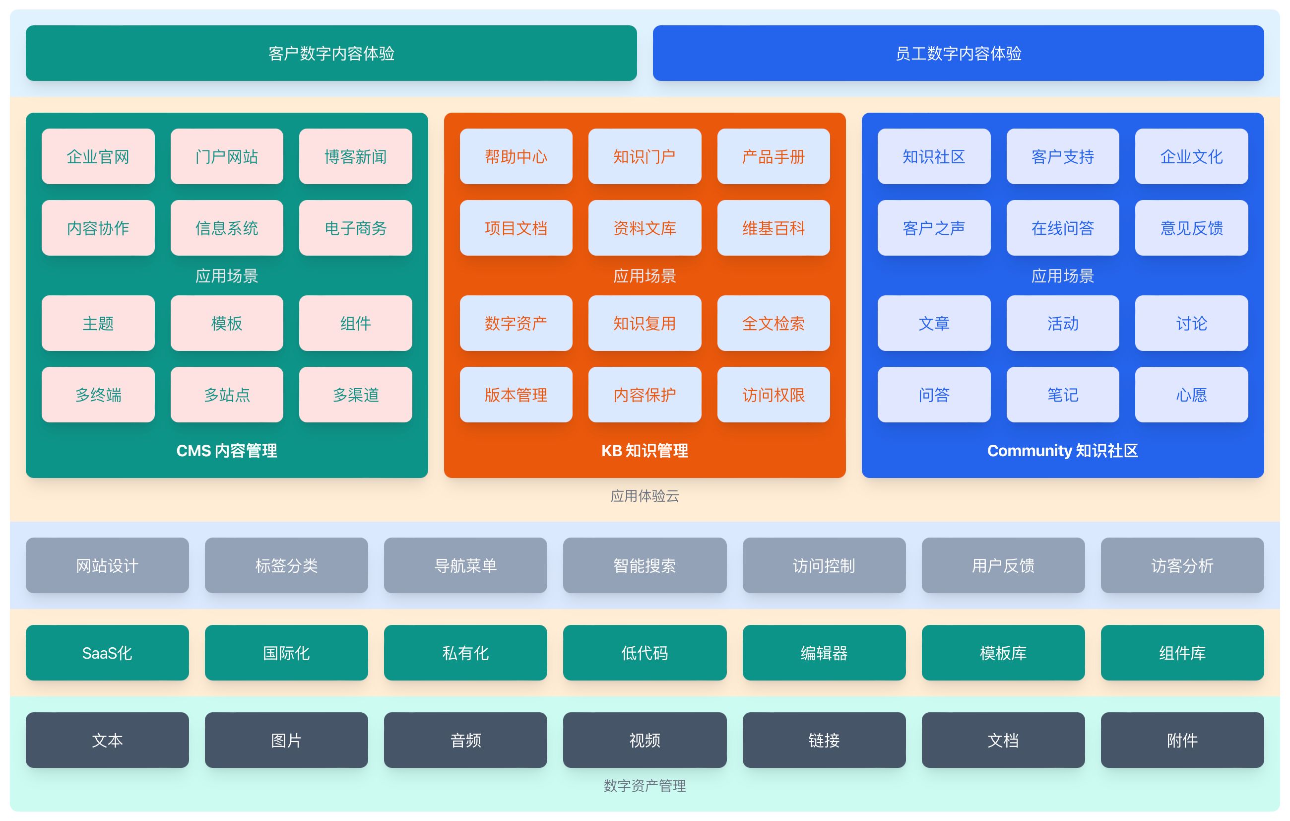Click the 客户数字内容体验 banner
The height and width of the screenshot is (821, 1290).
[x=331, y=53]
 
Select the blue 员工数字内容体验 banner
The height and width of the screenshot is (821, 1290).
[x=958, y=53]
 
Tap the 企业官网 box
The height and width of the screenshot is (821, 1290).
[x=98, y=156]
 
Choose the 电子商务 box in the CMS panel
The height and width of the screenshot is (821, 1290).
[x=355, y=228]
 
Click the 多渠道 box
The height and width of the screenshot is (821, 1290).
[x=355, y=395]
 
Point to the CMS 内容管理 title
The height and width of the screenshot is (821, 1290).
[x=227, y=451]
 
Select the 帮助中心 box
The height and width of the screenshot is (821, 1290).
[x=516, y=156]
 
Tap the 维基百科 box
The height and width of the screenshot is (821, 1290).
[x=773, y=228]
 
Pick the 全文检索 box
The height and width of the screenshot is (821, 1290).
[x=773, y=323]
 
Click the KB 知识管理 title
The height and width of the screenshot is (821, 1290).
[x=645, y=451]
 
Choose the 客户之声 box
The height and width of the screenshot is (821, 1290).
[x=934, y=228]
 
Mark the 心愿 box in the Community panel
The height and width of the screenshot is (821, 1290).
[x=1191, y=395]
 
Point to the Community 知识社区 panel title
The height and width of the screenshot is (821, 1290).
[x=1062, y=451]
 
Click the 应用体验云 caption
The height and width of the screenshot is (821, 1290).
[x=645, y=496]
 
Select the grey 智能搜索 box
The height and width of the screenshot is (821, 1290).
[x=645, y=565]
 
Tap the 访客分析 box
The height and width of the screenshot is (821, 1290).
[x=1182, y=565]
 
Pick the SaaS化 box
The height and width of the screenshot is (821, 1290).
[x=107, y=653]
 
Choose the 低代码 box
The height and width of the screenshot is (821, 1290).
[x=645, y=653]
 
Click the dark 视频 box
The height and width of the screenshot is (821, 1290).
[x=645, y=740]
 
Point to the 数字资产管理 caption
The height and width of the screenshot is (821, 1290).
[x=645, y=786]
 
